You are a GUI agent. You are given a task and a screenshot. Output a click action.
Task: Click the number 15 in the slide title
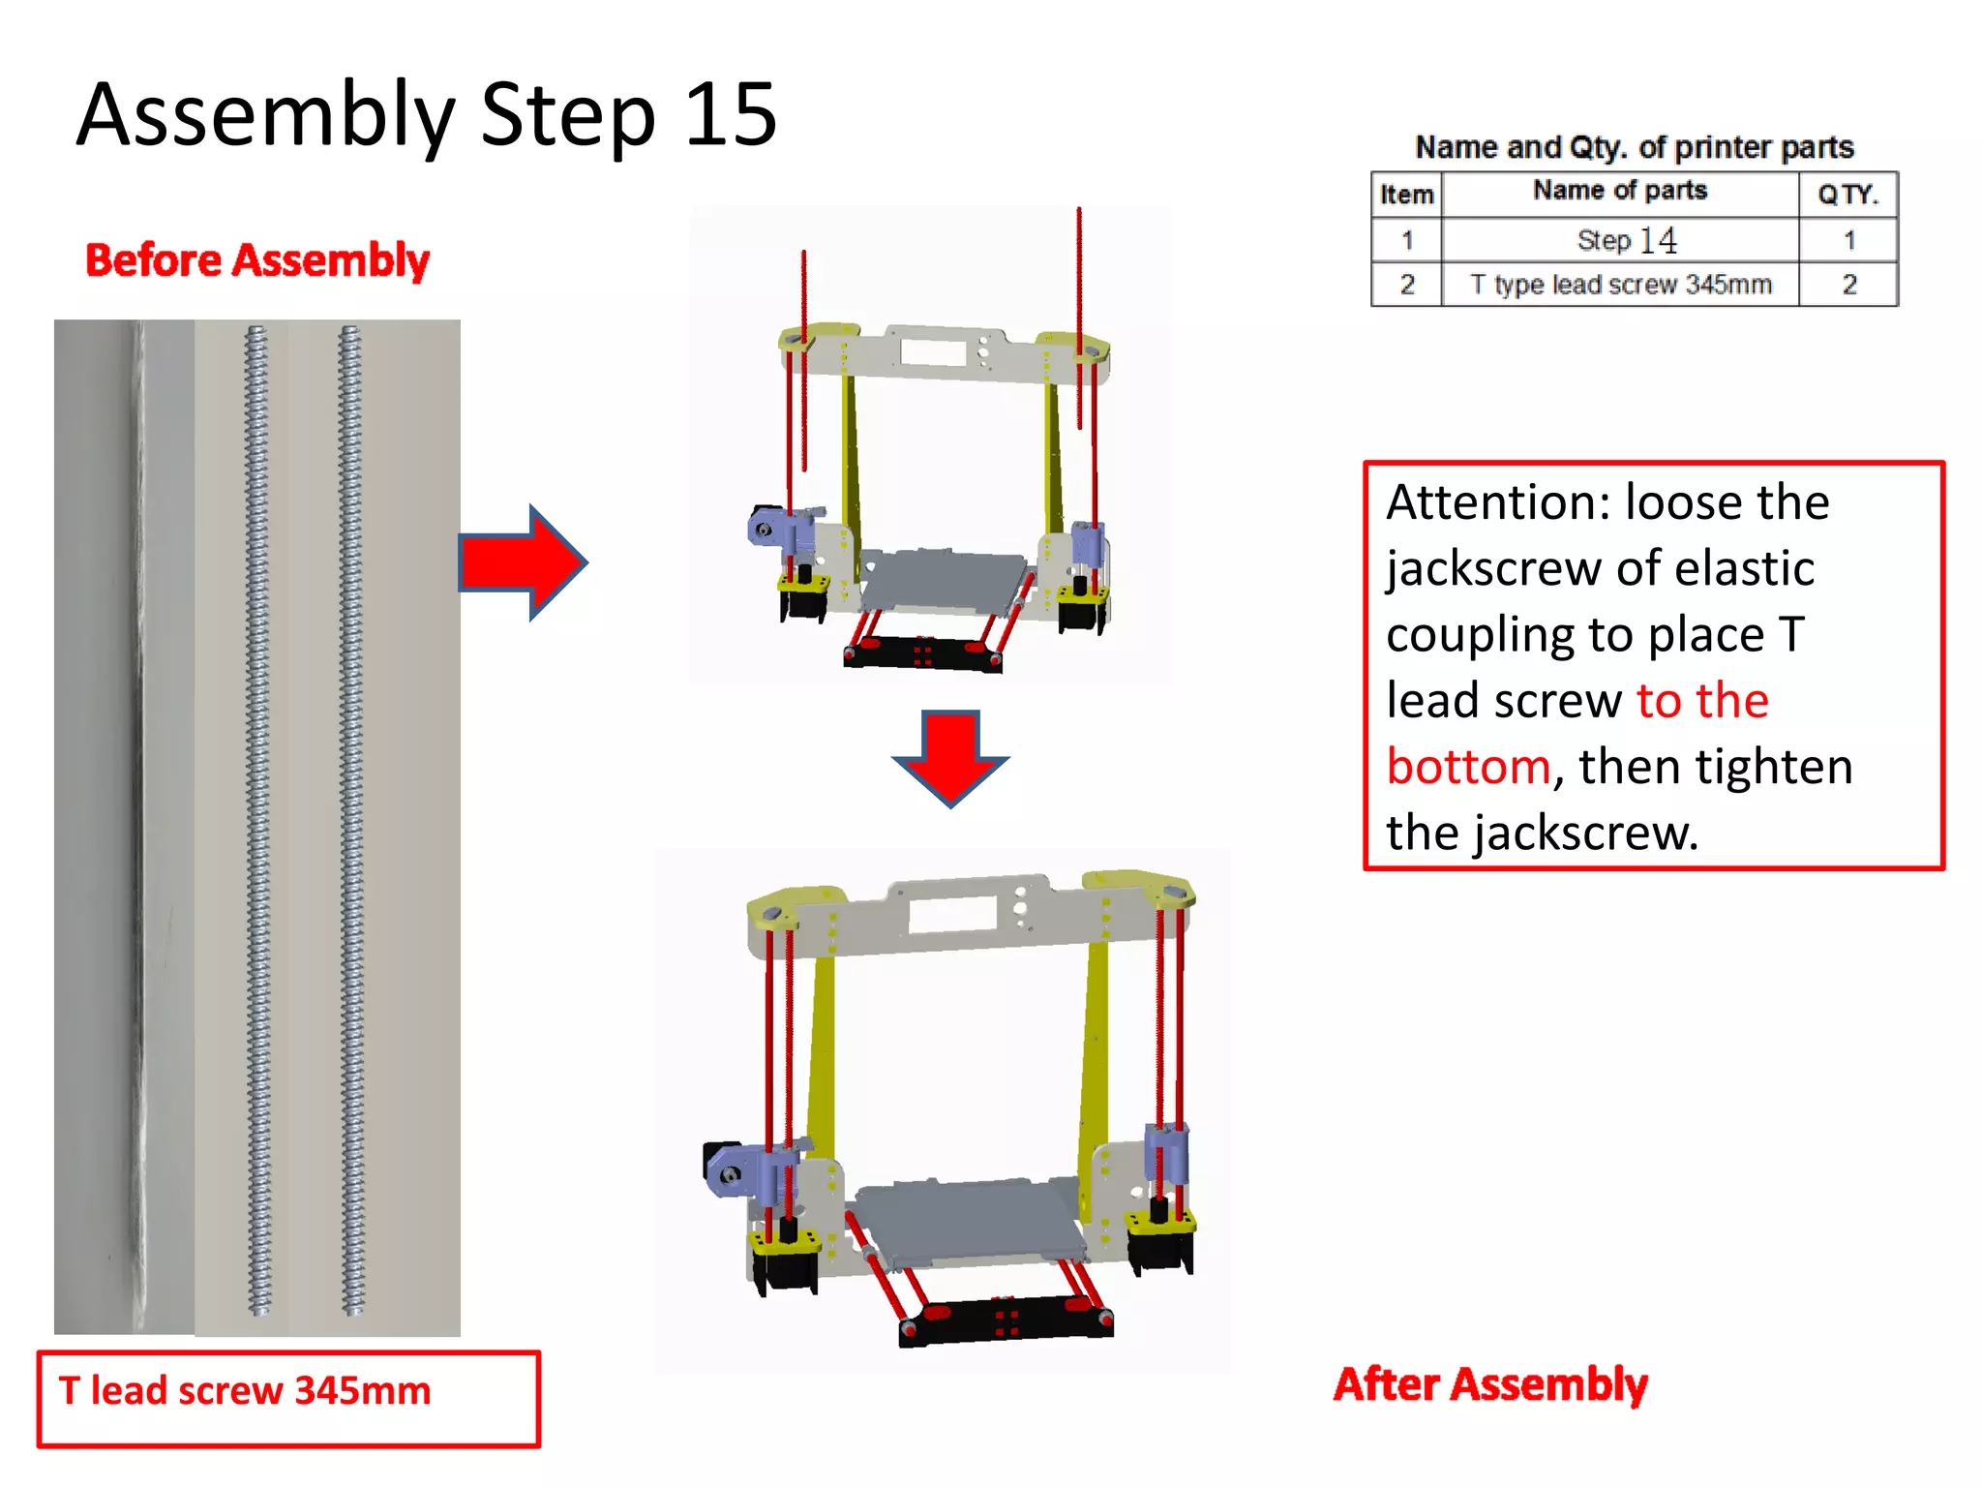pyautogui.click(x=730, y=114)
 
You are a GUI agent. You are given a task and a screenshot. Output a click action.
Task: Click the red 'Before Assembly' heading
pyautogui.click(x=256, y=260)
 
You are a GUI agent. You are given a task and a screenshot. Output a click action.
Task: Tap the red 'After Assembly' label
pyautogui.click(x=1490, y=1384)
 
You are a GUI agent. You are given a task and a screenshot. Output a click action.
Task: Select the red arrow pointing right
pyautogui.click(x=524, y=562)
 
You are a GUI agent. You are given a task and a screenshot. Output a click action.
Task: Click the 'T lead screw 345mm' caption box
pyautogui.click(x=287, y=1399)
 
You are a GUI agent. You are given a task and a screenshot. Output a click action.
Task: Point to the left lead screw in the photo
pyautogui.click(x=257, y=823)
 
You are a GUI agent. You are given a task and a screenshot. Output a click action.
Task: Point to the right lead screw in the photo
pyautogui.click(x=350, y=823)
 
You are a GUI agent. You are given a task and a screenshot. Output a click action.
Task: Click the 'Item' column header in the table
pyautogui.click(x=1406, y=195)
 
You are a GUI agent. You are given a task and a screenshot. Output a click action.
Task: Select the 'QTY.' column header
pyautogui.click(x=1847, y=195)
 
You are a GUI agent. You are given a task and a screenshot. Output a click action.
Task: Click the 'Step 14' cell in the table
pyautogui.click(x=1626, y=240)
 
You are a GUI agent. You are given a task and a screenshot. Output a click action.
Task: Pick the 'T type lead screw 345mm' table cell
pyautogui.click(x=1620, y=285)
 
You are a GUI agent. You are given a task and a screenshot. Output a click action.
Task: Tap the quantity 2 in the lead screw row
pyautogui.click(x=1848, y=285)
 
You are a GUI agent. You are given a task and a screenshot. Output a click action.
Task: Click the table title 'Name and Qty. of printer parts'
pyautogui.click(x=1634, y=147)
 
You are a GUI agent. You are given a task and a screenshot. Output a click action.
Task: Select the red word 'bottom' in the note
pyautogui.click(x=1468, y=767)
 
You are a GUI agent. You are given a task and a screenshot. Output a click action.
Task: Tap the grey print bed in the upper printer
pyautogui.click(x=944, y=581)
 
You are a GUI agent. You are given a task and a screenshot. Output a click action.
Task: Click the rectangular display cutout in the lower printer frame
pyautogui.click(x=952, y=914)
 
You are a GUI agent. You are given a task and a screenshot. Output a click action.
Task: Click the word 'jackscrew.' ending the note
pyautogui.click(x=1587, y=834)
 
